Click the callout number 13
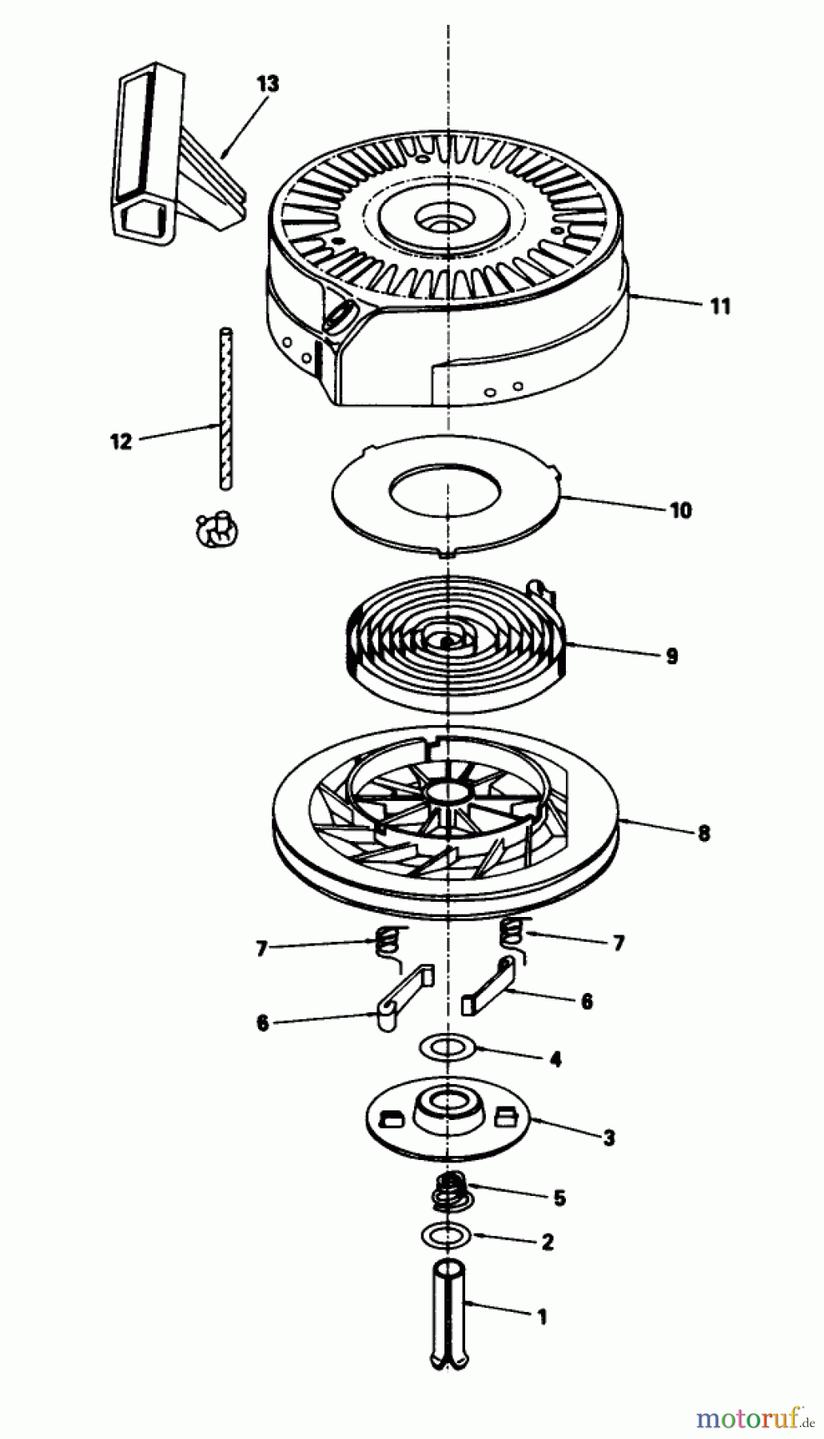tap(268, 84)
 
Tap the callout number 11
tap(719, 306)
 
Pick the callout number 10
tap(680, 510)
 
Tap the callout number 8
tap(703, 833)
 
